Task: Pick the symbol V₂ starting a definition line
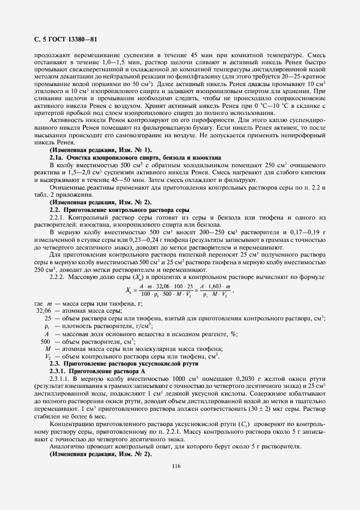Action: (48, 355)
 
